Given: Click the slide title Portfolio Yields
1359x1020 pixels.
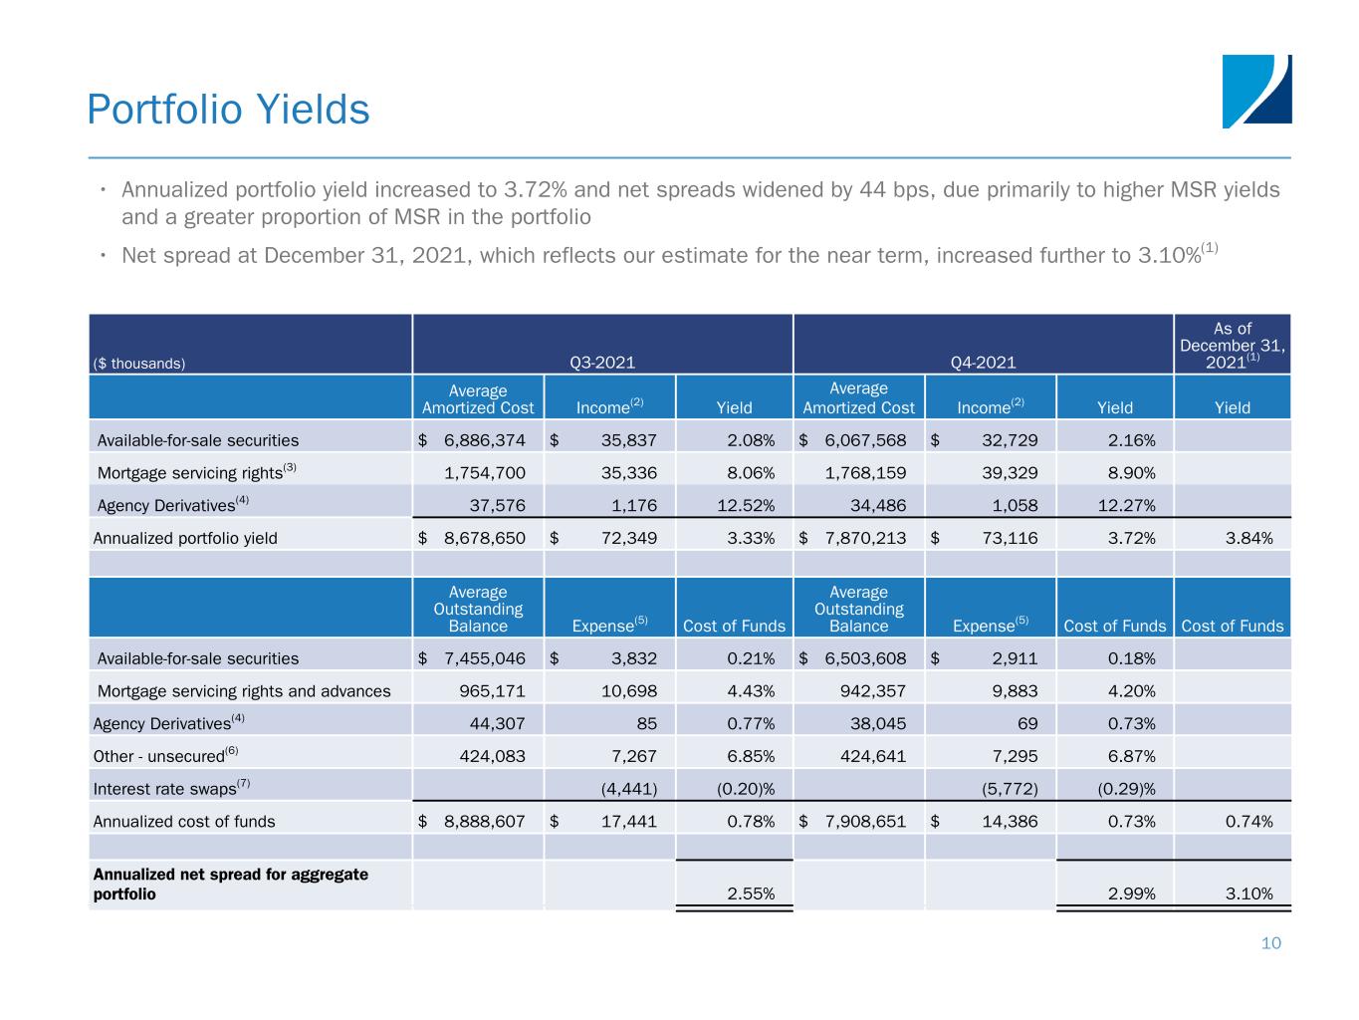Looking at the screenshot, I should pos(228,109).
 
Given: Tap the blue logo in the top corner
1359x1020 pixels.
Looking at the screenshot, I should pos(1256,91).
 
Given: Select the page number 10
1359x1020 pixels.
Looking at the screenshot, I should pos(1271,943).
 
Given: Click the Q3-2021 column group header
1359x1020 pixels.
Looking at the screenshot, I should pos(602,363).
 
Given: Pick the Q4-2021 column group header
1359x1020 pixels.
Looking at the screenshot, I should pos(983,363).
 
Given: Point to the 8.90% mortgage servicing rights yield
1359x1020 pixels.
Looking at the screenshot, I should pos(1131,473).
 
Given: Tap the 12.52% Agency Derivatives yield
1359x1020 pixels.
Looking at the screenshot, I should pos(746,505).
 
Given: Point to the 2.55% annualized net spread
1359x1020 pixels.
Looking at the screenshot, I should pos(751,893).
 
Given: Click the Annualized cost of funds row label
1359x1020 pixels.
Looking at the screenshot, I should pos(184,822).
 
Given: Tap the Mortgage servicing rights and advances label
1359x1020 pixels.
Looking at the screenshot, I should pos(244,691).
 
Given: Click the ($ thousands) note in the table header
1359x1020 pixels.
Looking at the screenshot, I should pos(139,364).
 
